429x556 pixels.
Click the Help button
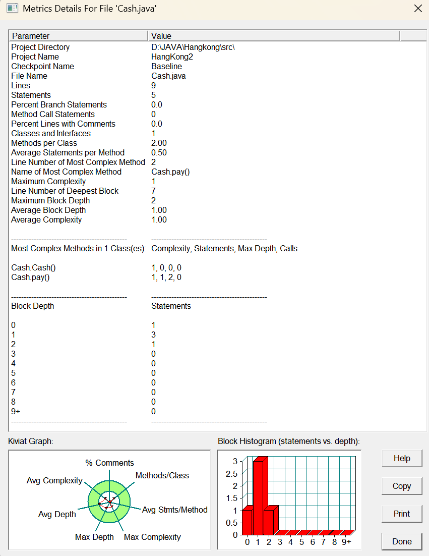(402, 458)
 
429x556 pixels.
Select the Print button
(402, 514)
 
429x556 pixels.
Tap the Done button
(402, 541)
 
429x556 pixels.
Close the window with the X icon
(417, 9)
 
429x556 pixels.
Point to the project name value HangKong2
(172, 57)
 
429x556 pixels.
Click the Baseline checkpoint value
(166, 66)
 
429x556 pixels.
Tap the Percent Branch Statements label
(59, 104)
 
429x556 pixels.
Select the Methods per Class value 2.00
(159, 143)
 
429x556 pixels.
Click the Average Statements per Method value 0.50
(159, 152)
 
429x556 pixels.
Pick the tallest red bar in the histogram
(258, 497)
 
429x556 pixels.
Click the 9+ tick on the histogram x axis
(346, 542)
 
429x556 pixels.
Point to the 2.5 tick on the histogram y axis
(231, 473)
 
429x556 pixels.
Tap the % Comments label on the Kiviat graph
(109, 463)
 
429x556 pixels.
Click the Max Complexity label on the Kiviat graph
(152, 537)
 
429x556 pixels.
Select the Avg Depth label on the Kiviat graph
(57, 514)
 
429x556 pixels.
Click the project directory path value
(193, 47)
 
